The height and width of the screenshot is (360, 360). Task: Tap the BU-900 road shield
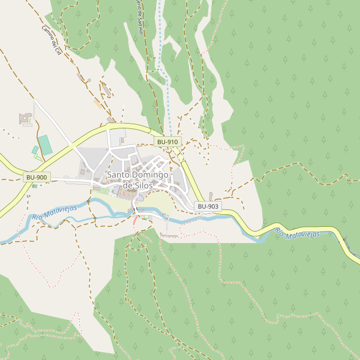click(x=37, y=178)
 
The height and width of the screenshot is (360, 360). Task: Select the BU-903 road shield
click(x=208, y=206)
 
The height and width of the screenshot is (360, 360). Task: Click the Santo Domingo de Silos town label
click(x=138, y=180)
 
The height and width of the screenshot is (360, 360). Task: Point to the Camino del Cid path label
click(x=52, y=40)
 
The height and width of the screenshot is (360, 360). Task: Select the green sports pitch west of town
click(x=45, y=145)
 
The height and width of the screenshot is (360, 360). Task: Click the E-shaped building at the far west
click(x=26, y=118)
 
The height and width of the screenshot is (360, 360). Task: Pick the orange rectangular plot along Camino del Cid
click(x=97, y=103)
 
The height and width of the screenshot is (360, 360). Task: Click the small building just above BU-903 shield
click(x=211, y=196)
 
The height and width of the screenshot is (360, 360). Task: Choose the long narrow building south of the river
click(x=170, y=236)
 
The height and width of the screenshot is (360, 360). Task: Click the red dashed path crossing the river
click(x=135, y=217)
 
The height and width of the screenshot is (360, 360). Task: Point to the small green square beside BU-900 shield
click(x=34, y=185)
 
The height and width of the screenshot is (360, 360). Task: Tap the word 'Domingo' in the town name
click(x=148, y=175)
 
